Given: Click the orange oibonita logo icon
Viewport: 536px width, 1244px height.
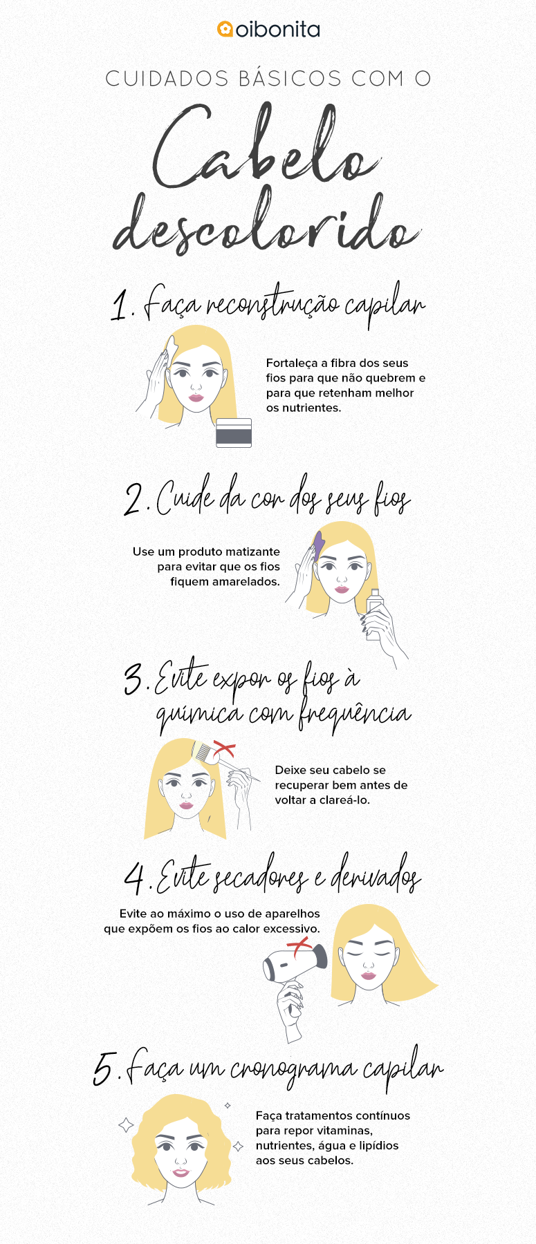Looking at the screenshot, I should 225,29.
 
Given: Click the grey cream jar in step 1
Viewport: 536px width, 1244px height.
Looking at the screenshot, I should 234,433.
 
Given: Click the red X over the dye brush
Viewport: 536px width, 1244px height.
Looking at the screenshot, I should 223,749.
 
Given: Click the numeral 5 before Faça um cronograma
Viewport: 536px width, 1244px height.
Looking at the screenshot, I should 104,1069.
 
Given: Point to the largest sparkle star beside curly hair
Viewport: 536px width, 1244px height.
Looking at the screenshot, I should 126,1125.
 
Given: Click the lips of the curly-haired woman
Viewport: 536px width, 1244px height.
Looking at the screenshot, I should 181,1172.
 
